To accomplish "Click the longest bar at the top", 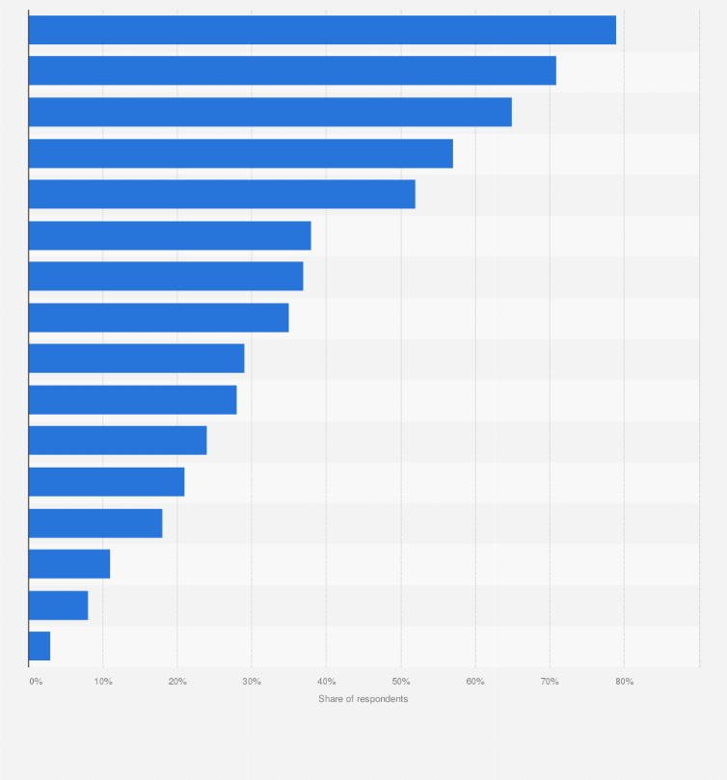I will click(322, 30).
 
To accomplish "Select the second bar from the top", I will click(292, 70).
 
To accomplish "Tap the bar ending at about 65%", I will click(270, 112).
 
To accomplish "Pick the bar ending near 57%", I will click(240, 153).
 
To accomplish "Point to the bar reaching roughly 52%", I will click(222, 194).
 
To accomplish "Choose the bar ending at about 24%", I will click(118, 441).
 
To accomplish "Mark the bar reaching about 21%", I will click(106, 481).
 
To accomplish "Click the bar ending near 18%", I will click(95, 523).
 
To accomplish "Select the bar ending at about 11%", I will click(69, 564).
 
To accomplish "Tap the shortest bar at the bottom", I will click(40, 646).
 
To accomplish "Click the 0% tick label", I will click(36, 682).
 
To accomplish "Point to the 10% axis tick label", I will click(103, 682).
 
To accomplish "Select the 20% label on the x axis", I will click(177, 682).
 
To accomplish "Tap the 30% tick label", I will click(252, 682).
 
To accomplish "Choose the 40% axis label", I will click(326, 682).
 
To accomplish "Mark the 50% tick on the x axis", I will click(401, 682).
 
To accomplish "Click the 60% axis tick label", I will click(475, 682).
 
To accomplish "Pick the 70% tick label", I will click(550, 682).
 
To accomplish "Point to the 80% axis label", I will click(625, 682).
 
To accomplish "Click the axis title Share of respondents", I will click(363, 699).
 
